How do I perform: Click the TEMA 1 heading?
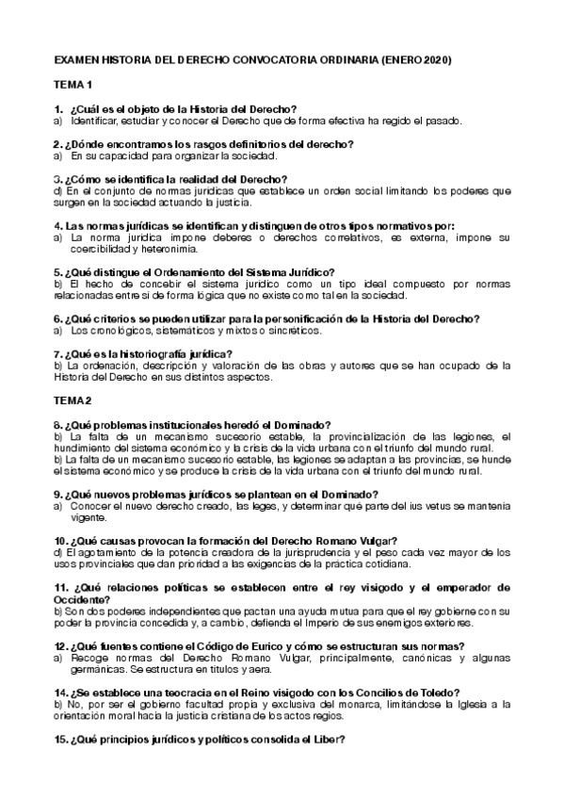[x=73, y=86]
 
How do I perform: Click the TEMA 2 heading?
[x=73, y=399]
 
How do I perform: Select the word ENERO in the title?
[x=398, y=60]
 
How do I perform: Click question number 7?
[x=58, y=353]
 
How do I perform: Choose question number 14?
[x=61, y=693]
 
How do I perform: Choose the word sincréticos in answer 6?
[x=288, y=330]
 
